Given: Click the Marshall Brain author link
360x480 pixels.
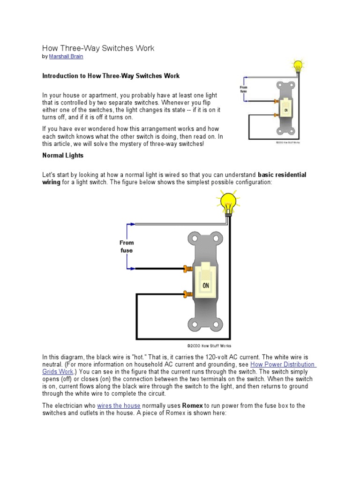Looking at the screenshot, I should pos(67,56).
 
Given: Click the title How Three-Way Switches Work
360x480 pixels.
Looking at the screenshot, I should pos(98,48).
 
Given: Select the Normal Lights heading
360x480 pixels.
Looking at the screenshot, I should pos(63,155).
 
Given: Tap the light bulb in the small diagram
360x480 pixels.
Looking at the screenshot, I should pos(298,66).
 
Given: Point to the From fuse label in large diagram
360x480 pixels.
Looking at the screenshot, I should pos(127,247).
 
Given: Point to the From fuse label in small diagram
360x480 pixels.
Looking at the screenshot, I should pos(243,89).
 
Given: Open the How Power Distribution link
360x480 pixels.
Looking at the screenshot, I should pos(283,364).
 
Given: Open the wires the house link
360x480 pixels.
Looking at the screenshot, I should pos(119,405).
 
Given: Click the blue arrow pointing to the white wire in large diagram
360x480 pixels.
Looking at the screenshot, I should pos(131,225).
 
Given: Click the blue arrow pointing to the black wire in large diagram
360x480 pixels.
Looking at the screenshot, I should pos(131,269).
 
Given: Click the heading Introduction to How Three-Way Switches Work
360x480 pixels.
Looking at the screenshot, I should pos(111,75).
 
